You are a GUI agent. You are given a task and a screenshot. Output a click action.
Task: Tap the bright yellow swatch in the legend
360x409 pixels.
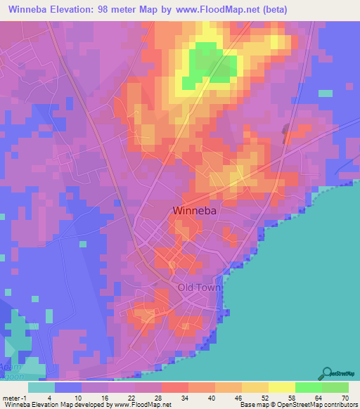281,387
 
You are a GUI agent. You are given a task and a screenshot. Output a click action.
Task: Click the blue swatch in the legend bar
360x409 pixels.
67,387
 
